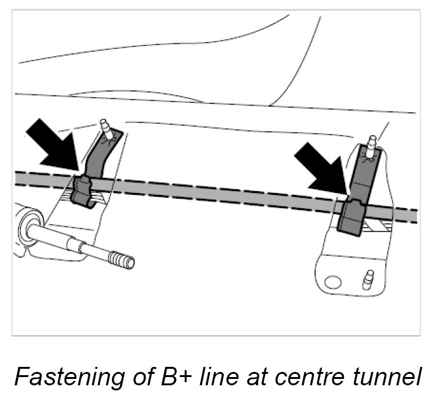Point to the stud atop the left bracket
(104, 128)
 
